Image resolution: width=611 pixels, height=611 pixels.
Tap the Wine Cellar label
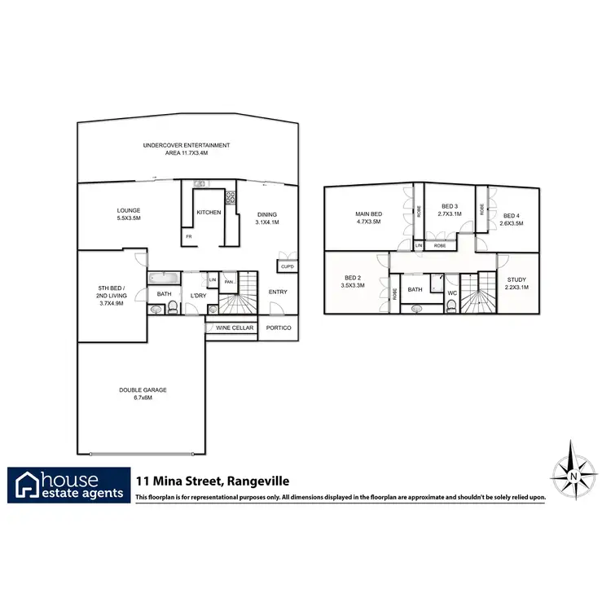[235, 328]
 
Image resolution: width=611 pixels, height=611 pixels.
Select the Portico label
[278, 328]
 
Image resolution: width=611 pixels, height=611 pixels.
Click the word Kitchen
[209, 213]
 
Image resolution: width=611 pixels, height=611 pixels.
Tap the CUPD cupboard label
[287, 266]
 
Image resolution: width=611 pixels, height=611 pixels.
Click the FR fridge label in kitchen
[188, 236]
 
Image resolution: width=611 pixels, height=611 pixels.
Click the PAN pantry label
[229, 282]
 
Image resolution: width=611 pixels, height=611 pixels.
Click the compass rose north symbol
[574, 472]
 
